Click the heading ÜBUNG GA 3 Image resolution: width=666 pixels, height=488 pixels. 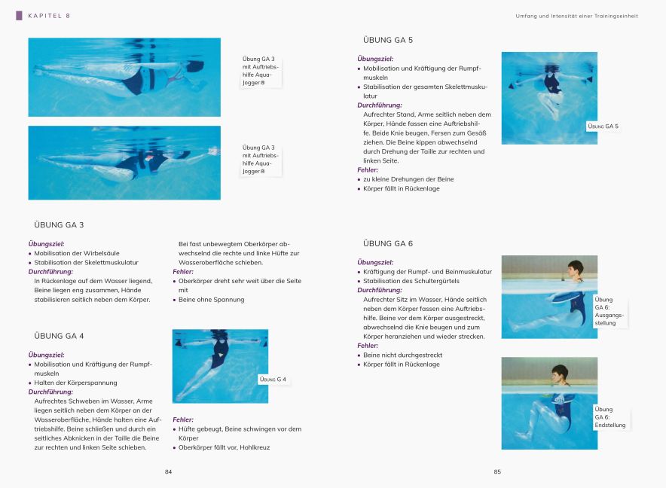59,224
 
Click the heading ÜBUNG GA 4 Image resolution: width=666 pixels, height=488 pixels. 59,335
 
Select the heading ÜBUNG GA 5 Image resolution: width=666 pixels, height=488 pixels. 387,40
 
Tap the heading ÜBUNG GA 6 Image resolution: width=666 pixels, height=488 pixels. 387,243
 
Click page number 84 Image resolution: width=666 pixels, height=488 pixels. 169,471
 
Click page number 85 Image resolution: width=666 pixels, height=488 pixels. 497,471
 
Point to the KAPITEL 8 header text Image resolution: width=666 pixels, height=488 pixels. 49,16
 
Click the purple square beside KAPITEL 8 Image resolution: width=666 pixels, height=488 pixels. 20,15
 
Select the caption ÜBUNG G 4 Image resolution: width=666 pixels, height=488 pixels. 273,380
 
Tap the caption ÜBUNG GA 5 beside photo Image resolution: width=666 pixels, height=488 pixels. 603,126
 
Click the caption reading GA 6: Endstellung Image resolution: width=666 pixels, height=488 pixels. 609,417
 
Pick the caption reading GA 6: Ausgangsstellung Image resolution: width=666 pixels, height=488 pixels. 609,311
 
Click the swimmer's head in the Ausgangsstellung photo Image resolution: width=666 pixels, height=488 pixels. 576,268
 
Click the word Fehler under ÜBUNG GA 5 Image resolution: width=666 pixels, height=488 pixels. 368,170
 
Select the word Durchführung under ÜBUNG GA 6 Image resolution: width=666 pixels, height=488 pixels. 379,290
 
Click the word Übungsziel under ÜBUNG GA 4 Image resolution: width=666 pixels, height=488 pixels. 46,355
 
